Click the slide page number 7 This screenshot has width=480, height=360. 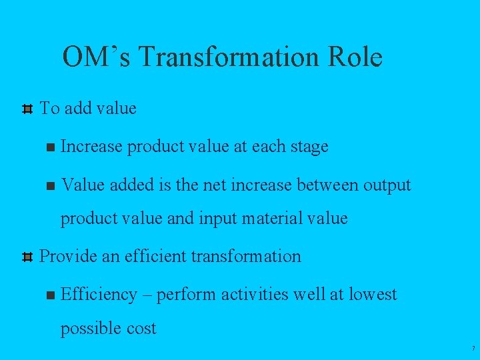pos(473,349)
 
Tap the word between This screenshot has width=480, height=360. pos(323,185)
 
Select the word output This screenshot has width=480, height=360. pos(387,185)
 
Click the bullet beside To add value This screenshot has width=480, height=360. pos(27,109)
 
